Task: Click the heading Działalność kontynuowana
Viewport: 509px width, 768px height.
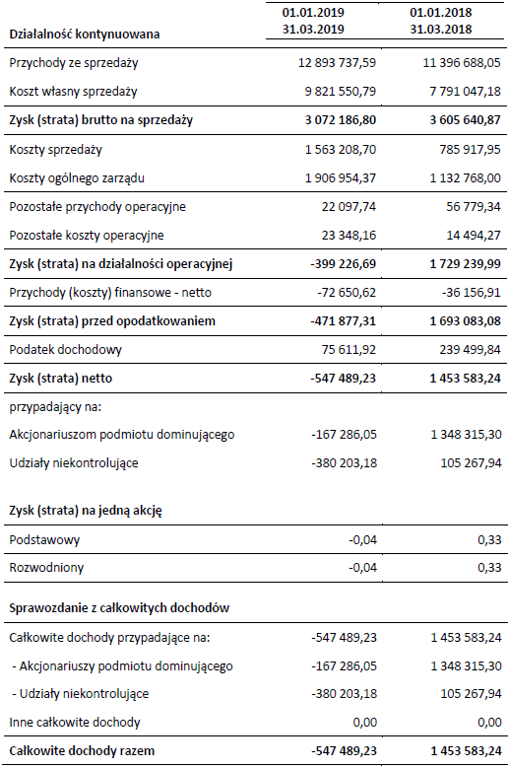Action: pos(84,35)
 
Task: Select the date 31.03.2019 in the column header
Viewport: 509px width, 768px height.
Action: pos(313,30)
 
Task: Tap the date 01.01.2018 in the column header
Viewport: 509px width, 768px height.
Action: pos(440,12)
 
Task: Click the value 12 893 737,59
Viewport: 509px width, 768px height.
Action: pos(337,63)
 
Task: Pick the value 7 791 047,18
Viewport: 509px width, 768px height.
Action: pos(465,91)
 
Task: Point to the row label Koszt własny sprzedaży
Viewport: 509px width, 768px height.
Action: pos(73,92)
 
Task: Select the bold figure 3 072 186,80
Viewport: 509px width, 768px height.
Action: pos(341,120)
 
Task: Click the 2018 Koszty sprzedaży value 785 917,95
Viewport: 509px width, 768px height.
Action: pos(470,150)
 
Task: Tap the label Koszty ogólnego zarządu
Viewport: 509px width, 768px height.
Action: pos(77,178)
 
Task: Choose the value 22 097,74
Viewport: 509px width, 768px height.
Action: pos(349,207)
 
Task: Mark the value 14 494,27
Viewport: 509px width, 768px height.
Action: pos(474,235)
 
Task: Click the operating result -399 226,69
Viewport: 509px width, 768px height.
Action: pos(343,264)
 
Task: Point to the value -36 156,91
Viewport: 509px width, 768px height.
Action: pos(470,293)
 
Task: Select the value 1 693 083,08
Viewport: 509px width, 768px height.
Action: pos(465,321)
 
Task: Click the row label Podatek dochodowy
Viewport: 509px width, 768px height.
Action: pos(66,350)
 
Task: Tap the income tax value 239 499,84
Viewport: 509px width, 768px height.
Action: pos(470,350)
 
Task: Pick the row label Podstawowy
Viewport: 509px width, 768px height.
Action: pos(44,540)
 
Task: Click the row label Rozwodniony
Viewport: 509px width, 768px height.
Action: pos(46,568)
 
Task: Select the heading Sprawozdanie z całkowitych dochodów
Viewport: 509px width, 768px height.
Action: pos(119,608)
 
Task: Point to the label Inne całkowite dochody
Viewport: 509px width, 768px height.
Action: pos(75,723)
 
